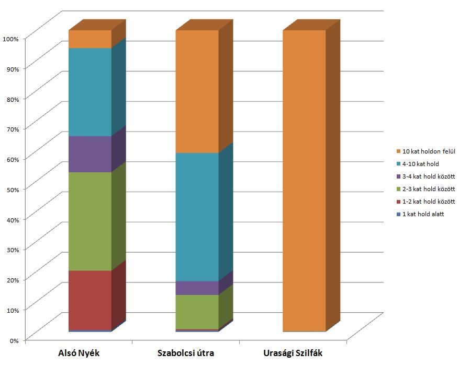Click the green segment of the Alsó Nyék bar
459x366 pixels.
click(x=90, y=221)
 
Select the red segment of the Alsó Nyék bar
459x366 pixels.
click(x=90, y=300)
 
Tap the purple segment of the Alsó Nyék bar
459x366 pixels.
click(x=90, y=154)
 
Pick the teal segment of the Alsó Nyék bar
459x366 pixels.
click(x=90, y=92)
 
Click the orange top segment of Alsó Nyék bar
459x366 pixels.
click(x=90, y=39)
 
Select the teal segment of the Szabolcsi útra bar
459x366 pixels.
click(x=197, y=217)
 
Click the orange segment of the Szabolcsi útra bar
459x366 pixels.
click(x=197, y=91)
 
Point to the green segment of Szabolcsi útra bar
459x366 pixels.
click(x=197, y=312)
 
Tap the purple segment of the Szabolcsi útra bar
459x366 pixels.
click(x=197, y=288)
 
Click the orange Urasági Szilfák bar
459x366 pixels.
click(x=304, y=181)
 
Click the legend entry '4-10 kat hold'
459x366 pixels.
click(x=420, y=164)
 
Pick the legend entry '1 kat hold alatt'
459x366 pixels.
click(x=423, y=214)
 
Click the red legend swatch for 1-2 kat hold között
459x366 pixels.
click(x=398, y=202)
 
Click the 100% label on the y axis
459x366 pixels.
click(x=10, y=39)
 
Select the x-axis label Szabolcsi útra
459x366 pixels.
click(x=186, y=353)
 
